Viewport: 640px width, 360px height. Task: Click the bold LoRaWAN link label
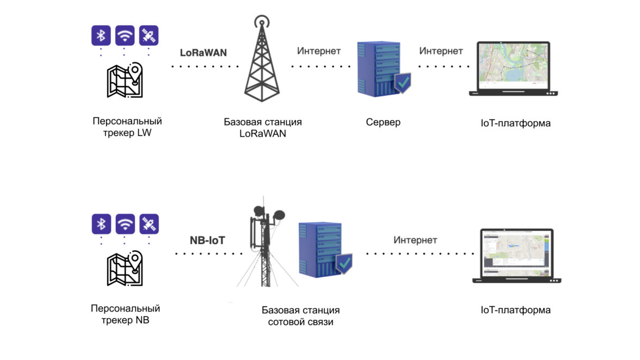click(x=204, y=53)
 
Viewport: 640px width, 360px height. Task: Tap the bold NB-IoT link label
click(x=207, y=240)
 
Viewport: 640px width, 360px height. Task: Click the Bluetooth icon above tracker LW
click(x=101, y=36)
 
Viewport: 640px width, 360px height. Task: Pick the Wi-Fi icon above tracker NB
click(x=125, y=224)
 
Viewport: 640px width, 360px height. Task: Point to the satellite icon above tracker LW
click(x=149, y=36)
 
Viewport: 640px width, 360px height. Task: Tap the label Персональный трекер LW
click(x=127, y=126)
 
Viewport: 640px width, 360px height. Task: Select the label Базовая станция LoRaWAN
click(x=263, y=128)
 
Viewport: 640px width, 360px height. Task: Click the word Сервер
click(x=383, y=122)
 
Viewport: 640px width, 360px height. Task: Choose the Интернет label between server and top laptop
click(x=441, y=51)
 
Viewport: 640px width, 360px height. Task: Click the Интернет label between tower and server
click(x=319, y=51)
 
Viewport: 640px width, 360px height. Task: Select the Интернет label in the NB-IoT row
click(x=415, y=240)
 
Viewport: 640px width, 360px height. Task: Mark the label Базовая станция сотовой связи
click(x=300, y=316)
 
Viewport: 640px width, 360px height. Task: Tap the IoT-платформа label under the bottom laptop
click(x=515, y=310)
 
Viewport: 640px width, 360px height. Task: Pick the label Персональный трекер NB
click(x=125, y=314)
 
